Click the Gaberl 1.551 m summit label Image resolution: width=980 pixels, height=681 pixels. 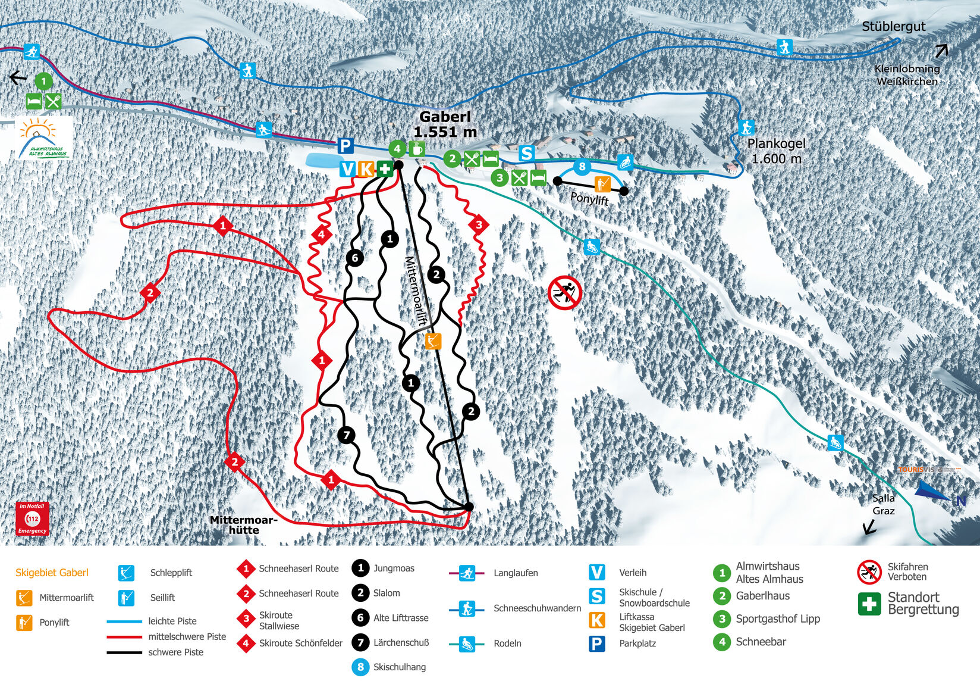445,124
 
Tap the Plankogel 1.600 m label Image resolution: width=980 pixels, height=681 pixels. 776,151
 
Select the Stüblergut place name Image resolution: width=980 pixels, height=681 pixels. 893,26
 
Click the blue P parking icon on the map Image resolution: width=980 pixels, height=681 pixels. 345,145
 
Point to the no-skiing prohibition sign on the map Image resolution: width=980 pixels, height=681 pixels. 564,292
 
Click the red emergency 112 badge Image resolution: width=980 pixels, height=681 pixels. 32,518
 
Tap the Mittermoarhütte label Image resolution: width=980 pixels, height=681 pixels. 243,525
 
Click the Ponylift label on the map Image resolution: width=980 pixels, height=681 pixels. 589,198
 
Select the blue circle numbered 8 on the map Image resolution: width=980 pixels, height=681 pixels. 582,167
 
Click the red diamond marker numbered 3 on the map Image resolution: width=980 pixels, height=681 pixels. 479,225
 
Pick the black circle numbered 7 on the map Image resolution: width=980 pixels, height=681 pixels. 347,436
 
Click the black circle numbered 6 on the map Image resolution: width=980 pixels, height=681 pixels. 355,258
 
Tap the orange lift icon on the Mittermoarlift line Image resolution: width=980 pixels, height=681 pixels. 434,341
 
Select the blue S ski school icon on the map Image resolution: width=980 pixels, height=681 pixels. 526,153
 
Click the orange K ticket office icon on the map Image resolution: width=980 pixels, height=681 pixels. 366,169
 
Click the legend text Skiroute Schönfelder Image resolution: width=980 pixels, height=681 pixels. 300,643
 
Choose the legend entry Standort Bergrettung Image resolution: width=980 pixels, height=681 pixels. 922,603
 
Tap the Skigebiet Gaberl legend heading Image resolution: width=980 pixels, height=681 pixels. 52,573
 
